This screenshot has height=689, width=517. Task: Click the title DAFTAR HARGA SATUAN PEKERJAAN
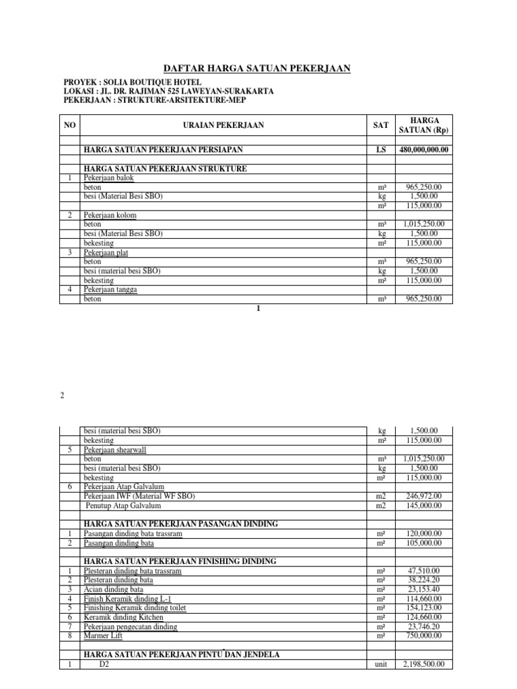tap(258, 69)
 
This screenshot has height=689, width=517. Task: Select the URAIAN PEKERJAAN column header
tap(223, 125)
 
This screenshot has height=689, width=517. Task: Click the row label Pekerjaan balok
tap(109, 178)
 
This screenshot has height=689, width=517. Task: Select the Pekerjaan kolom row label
tap(110, 215)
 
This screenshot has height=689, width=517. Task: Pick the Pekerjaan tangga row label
tap(111, 290)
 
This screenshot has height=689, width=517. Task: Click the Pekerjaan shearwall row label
tap(116, 449)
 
